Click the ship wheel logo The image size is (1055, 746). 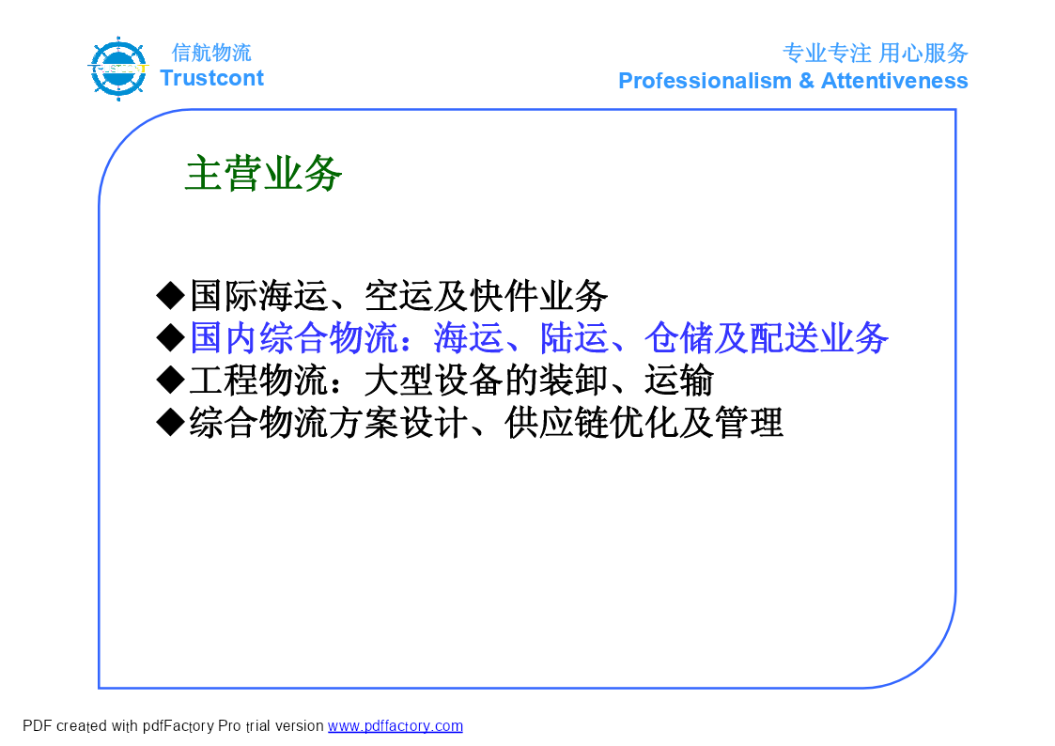coord(118,69)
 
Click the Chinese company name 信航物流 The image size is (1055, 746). coord(211,53)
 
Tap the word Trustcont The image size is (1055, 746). coord(212,78)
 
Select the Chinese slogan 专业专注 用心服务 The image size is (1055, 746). coord(876,53)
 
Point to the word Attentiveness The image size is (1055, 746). coord(895,81)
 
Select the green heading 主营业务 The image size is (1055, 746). coord(263,174)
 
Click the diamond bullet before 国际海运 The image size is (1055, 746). coord(170,295)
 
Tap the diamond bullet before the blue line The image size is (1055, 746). coord(170,337)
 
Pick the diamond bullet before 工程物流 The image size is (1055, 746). coord(170,381)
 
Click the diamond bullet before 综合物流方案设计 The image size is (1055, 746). coord(170,423)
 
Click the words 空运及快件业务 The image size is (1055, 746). coord(486,295)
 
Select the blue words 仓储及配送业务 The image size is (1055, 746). coord(767,337)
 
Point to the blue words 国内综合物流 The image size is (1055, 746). coord(294,337)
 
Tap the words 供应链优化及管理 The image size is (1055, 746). coord(644,423)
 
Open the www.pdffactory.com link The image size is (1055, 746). coord(395,726)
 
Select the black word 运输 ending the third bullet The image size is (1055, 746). coord(679,381)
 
